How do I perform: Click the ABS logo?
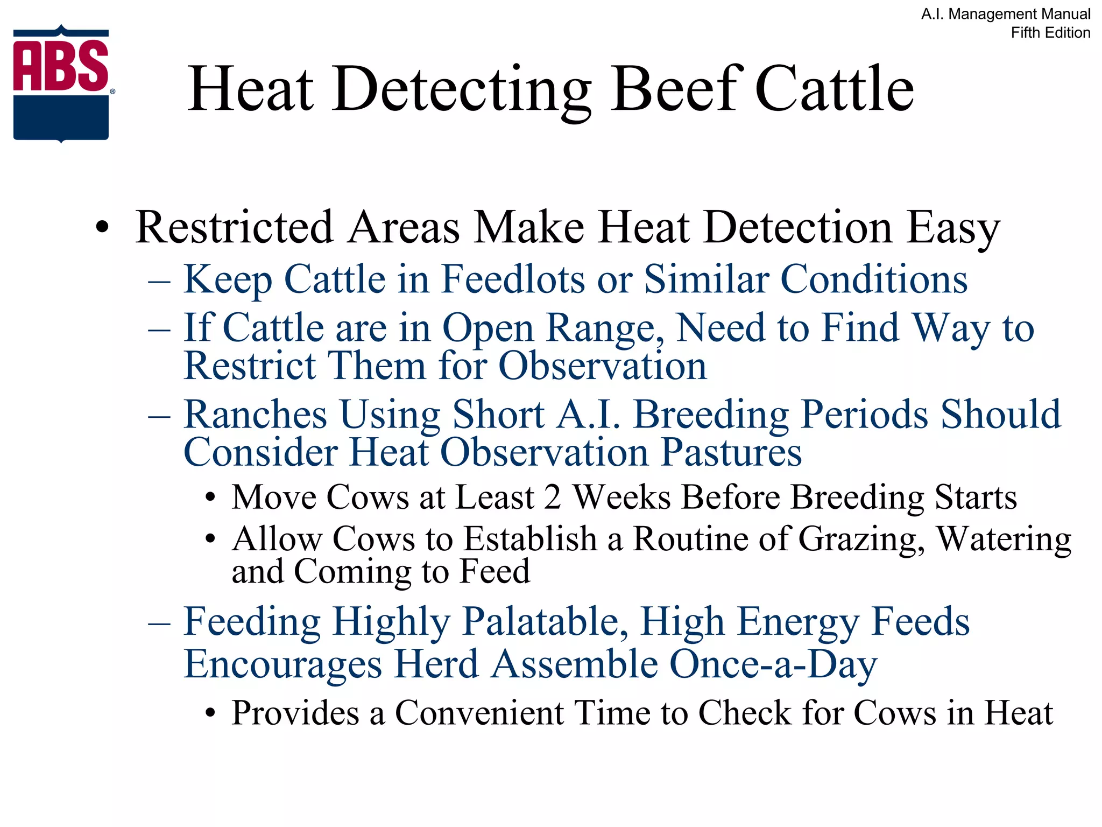click(x=61, y=83)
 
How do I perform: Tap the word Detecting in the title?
click(x=462, y=90)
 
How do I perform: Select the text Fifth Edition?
click(x=1050, y=33)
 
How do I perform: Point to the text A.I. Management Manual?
click(x=1006, y=14)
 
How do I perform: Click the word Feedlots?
click(x=513, y=279)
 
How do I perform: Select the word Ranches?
click(x=255, y=415)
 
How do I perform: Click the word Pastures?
click(x=731, y=452)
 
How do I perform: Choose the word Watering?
click(x=1004, y=539)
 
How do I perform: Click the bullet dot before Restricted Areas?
click(x=102, y=227)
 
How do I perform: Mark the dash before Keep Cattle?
click(x=159, y=281)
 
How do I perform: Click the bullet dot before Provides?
click(x=210, y=714)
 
